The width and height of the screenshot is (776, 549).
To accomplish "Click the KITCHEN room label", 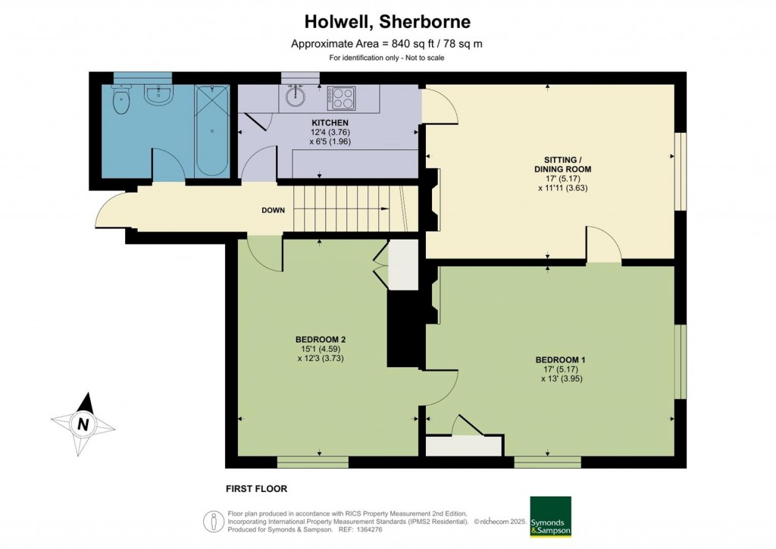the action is (x=330, y=123).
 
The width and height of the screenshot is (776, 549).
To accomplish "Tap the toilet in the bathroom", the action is (x=121, y=99).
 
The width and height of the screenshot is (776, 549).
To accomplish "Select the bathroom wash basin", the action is (x=158, y=95).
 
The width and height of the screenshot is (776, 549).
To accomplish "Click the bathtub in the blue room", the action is (x=212, y=130).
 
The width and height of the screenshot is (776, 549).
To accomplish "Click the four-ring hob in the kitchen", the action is (x=342, y=98).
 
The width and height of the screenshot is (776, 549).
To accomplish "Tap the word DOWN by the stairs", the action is (x=273, y=210).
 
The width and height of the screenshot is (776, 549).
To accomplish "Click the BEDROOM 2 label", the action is (x=321, y=340).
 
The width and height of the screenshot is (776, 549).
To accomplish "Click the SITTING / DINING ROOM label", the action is (x=563, y=165).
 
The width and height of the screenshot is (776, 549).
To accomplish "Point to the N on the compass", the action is (x=83, y=424).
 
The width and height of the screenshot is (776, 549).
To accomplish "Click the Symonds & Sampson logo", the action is (x=550, y=517).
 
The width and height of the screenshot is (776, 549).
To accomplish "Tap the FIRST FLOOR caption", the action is (x=256, y=488).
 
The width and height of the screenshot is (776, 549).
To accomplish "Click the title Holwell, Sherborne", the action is (x=387, y=21).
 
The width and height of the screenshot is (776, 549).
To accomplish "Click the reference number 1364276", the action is (x=367, y=530).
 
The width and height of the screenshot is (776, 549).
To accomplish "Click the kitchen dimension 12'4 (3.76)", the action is (x=330, y=132).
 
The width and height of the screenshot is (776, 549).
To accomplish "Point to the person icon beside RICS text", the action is (x=214, y=522).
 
